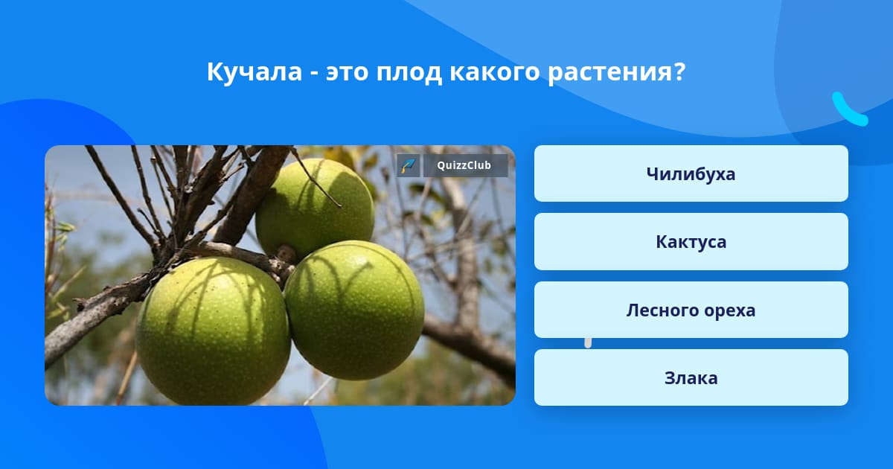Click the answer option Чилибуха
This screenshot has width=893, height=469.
point(691,173)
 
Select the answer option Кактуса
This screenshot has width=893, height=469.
point(691,242)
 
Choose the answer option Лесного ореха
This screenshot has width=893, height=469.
point(691,310)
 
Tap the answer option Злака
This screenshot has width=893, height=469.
point(691,377)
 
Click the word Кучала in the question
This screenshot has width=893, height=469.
point(255,72)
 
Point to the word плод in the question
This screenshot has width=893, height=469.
point(409,73)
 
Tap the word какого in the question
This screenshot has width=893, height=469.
point(494,73)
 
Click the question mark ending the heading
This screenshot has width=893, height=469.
point(677,71)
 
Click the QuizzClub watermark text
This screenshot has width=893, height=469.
point(464,165)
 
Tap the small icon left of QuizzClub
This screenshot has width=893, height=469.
point(409,165)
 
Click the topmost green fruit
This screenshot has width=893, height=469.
point(315,208)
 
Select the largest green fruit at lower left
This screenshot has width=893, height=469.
point(213,331)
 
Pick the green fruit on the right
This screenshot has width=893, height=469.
point(354,310)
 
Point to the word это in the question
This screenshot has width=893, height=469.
point(347,73)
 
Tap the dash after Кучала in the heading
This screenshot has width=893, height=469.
point(314,74)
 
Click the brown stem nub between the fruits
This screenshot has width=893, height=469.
point(287,253)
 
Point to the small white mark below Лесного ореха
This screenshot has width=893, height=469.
point(588,343)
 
